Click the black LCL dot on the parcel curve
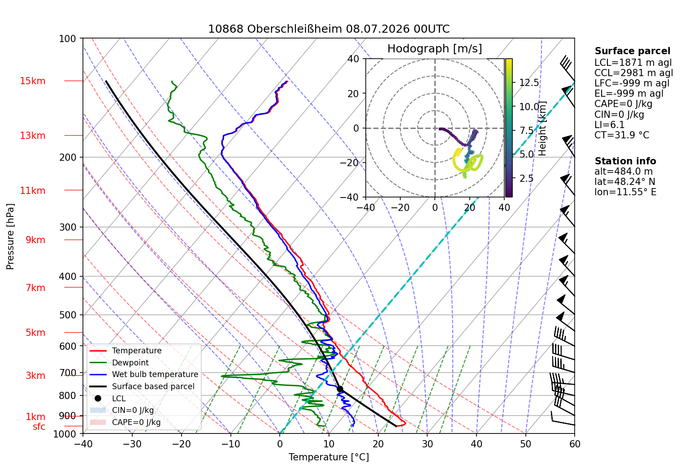click(x=340, y=389)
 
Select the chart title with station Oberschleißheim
click(x=329, y=29)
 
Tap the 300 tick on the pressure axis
click(x=67, y=227)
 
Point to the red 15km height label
click(x=32, y=81)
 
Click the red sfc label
click(x=39, y=426)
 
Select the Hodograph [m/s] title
click(x=435, y=48)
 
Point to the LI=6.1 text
click(x=609, y=124)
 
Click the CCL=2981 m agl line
click(x=633, y=73)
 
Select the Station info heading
click(x=625, y=161)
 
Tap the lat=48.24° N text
click(x=625, y=182)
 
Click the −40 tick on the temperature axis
click(x=83, y=444)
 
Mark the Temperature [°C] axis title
click(x=329, y=457)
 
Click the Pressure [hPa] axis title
click(x=10, y=236)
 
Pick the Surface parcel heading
click(x=632, y=51)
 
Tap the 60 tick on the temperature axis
click(x=575, y=444)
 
